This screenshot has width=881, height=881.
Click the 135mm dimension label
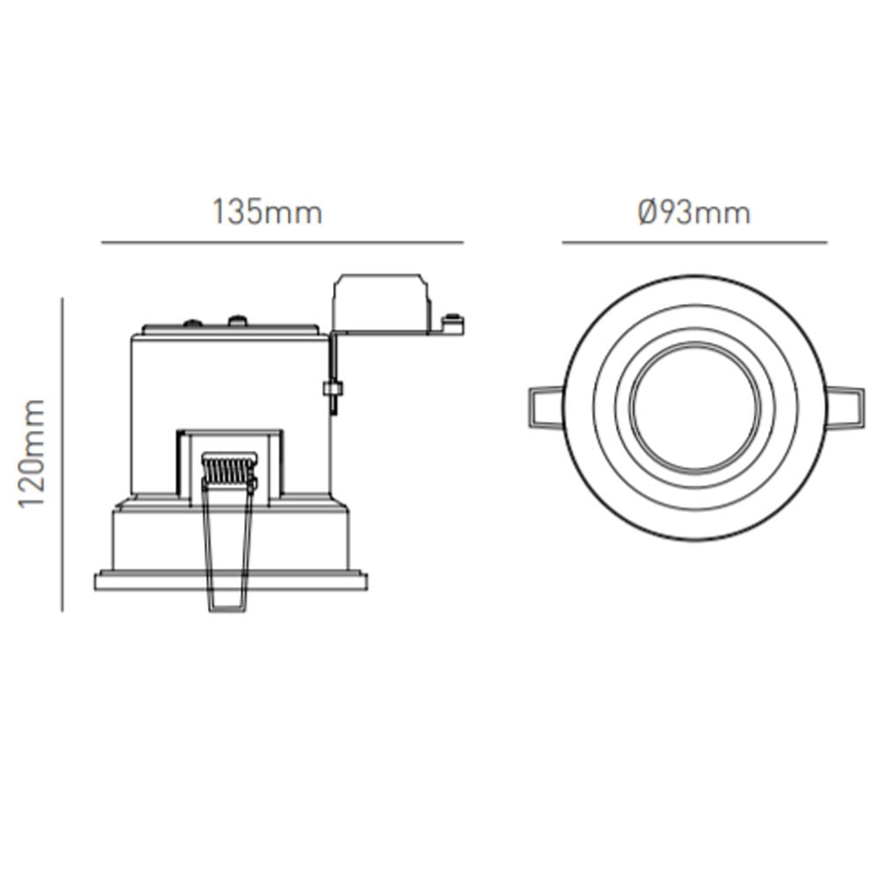(x=267, y=212)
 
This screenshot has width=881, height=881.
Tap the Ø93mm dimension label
(x=694, y=212)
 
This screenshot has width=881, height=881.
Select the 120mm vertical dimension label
(x=33, y=454)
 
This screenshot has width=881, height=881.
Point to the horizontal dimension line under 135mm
(x=282, y=241)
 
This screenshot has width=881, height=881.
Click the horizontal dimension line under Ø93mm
(x=694, y=241)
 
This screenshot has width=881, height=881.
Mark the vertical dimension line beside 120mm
(x=63, y=454)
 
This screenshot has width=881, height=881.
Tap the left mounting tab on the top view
(x=545, y=408)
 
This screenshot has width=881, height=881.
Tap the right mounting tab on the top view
(x=844, y=408)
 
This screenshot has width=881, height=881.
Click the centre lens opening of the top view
(x=694, y=408)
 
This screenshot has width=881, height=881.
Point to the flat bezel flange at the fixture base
(x=231, y=581)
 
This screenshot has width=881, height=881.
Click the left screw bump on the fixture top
(x=190, y=322)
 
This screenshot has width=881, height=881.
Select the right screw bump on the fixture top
(x=237, y=320)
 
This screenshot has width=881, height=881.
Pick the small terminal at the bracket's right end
(x=453, y=324)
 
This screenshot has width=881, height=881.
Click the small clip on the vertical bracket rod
(x=333, y=389)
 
